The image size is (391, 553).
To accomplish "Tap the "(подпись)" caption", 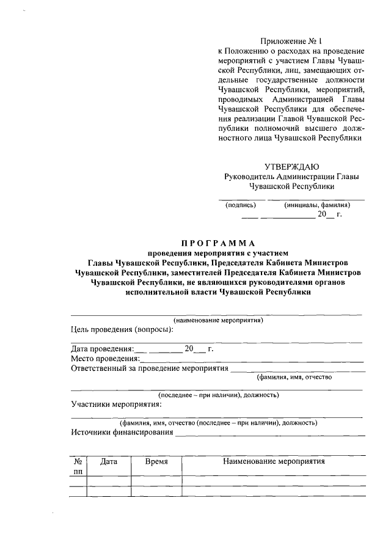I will point(241,205).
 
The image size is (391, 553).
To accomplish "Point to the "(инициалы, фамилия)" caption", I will point(317,205).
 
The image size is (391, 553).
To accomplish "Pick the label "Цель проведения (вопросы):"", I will point(122,329).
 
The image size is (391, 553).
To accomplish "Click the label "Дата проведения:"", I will point(101,349).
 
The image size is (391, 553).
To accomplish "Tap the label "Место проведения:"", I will point(102,359).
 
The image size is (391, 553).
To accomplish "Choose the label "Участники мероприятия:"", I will point(116,404).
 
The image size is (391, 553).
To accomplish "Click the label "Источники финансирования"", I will point(122,433).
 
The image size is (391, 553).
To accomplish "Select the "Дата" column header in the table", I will point(109,463).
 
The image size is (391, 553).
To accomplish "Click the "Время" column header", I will point(156,463).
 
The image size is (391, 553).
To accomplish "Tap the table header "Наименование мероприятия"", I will point(273,462).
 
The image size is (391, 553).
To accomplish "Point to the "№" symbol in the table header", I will point(78,463).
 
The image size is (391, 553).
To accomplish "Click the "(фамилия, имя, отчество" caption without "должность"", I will point(294,377).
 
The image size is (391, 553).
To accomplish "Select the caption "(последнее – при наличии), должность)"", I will point(218,395).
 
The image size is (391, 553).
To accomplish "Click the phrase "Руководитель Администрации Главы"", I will point(292,177).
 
